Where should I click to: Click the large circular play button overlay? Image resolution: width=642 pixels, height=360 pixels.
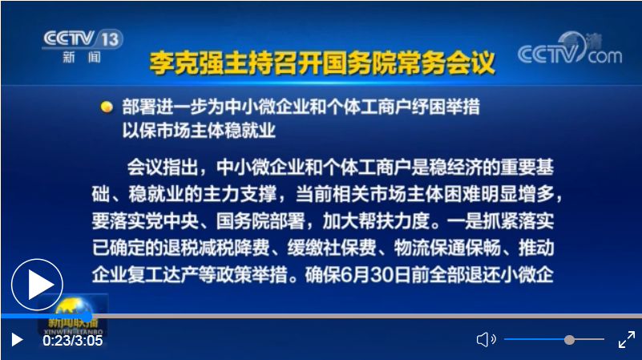pyautogui.click(x=37, y=285)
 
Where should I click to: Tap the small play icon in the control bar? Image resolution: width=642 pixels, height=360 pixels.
pyautogui.click(x=16, y=340)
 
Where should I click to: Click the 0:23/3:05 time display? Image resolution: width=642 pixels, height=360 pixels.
pyautogui.click(x=73, y=340)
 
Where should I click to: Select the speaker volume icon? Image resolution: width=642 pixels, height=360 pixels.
pyautogui.click(x=486, y=340)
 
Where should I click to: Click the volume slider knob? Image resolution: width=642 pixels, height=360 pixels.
pyautogui.click(x=569, y=340)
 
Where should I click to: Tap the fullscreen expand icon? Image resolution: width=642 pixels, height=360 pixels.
pyautogui.click(x=626, y=340)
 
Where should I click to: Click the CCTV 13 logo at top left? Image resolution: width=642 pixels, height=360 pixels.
pyautogui.click(x=81, y=44)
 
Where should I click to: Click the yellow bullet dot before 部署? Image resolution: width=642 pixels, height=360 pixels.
pyautogui.click(x=106, y=107)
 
